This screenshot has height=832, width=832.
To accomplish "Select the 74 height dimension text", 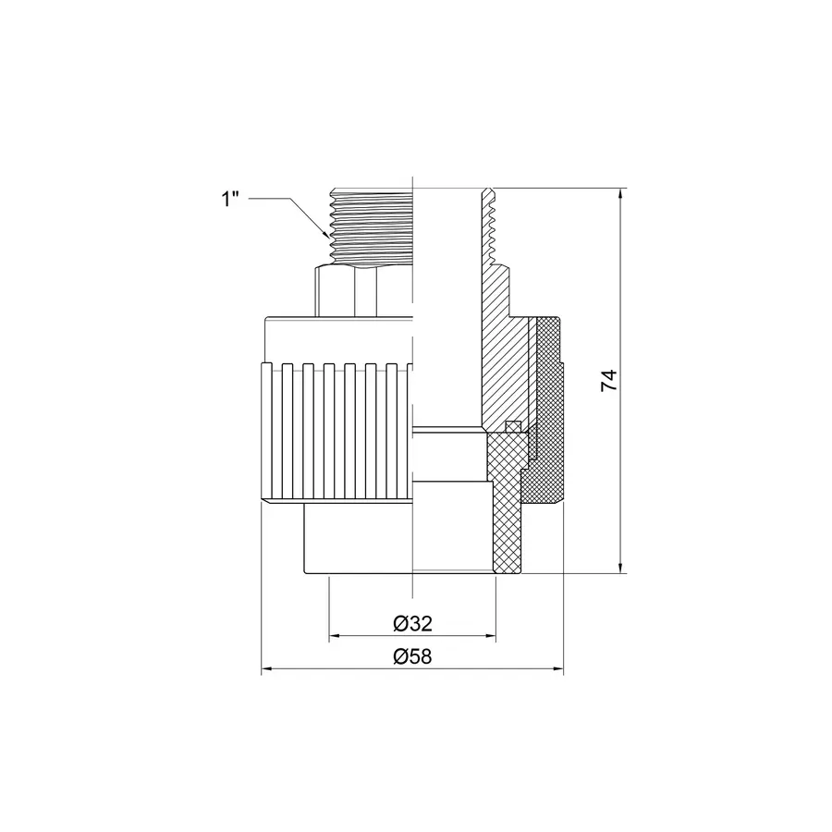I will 608,381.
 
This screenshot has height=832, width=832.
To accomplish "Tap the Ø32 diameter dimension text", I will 412,624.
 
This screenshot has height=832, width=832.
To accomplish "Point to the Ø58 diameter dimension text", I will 412,657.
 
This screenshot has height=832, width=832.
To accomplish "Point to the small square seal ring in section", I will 512,426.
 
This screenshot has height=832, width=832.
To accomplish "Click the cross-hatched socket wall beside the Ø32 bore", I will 504,518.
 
